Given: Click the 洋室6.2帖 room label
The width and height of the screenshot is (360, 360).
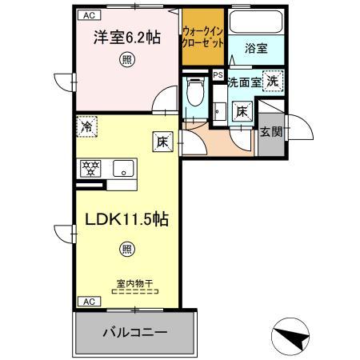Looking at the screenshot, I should point(126,37).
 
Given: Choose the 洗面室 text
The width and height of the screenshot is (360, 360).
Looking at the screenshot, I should point(244,82).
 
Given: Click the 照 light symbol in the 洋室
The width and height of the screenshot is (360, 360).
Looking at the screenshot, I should point(126,59).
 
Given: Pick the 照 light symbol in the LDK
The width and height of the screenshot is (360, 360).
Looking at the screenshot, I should point(127,249).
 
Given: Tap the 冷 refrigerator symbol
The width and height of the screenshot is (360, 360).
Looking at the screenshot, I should point(87,125).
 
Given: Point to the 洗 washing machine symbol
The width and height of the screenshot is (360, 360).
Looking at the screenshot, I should point(273,80).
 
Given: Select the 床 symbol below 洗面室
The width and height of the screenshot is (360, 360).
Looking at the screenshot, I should point(241,112).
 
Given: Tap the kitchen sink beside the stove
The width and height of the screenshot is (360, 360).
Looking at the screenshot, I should point(123,168).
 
